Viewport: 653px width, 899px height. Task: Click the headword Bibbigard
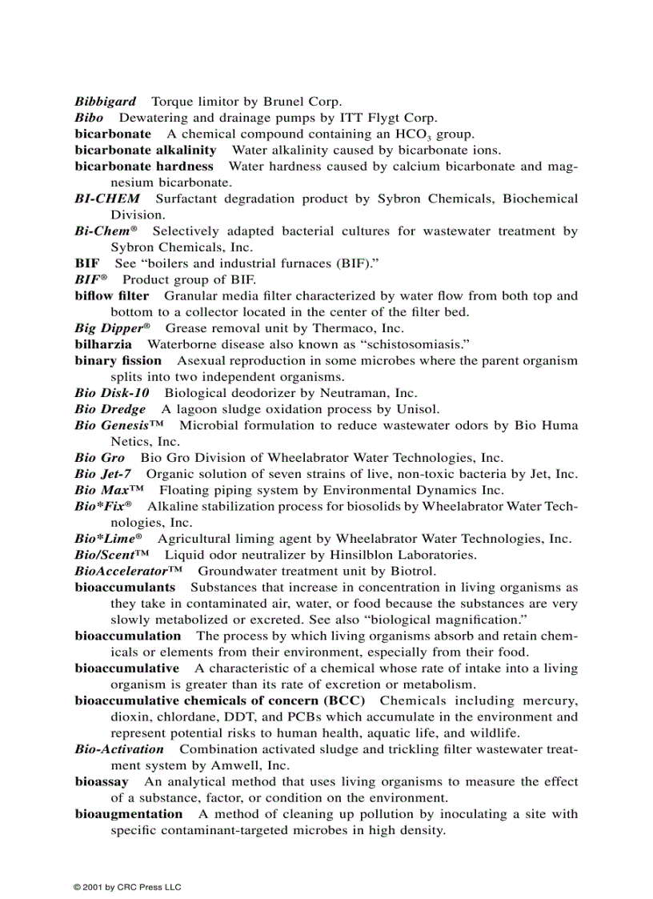click(x=105, y=102)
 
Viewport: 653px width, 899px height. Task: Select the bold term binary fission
click(x=118, y=360)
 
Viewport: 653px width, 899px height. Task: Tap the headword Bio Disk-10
click(x=111, y=393)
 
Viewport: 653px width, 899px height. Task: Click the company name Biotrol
click(x=413, y=571)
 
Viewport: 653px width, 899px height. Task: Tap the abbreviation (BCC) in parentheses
click(x=344, y=700)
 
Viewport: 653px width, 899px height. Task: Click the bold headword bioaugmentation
click(x=128, y=814)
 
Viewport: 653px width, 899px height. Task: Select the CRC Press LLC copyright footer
click(x=127, y=887)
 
